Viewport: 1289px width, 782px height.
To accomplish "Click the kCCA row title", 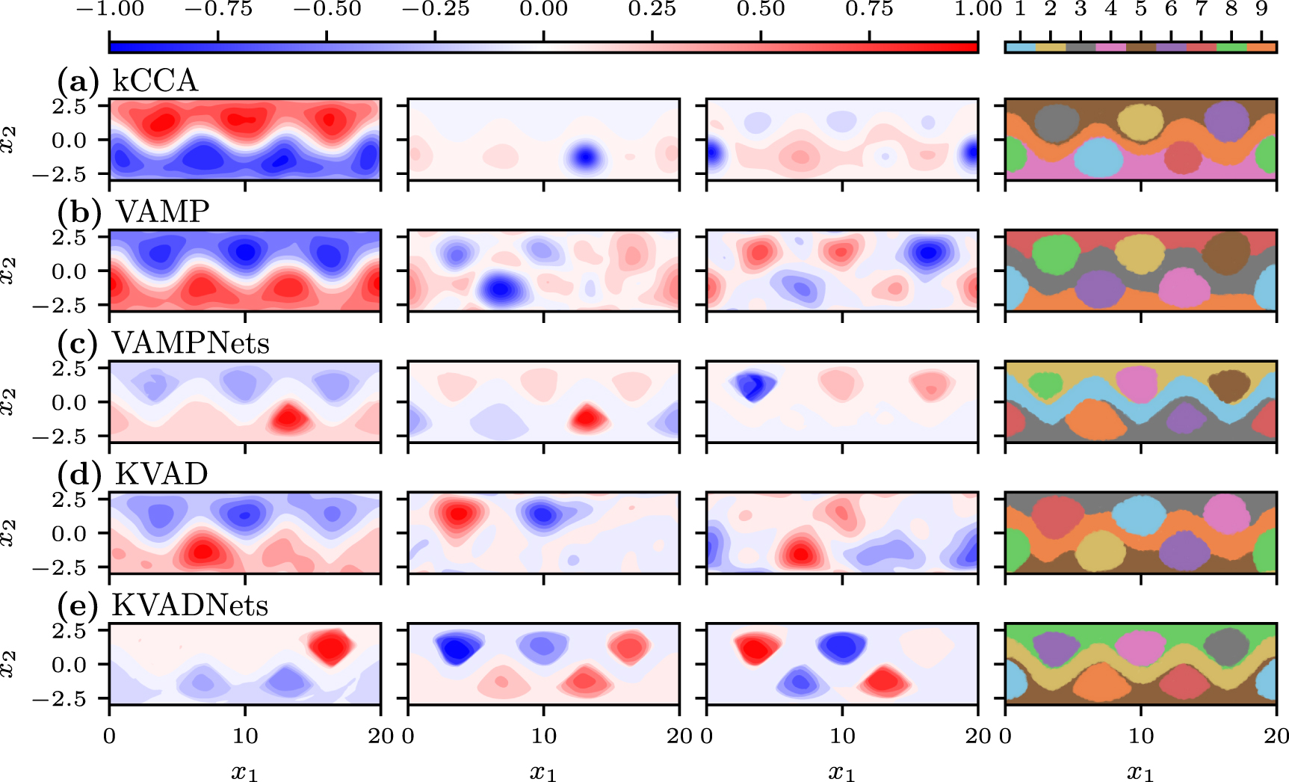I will click(x=155, y=81).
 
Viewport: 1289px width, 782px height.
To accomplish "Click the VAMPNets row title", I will click(x=191, y=343).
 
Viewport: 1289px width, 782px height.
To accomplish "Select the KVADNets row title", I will click(x=190, y=605).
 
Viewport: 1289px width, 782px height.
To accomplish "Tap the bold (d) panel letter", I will click(x=78, y=475).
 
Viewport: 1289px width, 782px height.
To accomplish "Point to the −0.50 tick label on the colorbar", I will click(x=327, y=10).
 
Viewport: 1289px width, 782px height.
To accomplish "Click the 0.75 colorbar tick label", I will click(x=869, y=10).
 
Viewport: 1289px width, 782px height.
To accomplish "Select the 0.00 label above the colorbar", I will click(x=544, y=10).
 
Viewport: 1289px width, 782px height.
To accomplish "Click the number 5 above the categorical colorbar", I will click(x=1140, y=10).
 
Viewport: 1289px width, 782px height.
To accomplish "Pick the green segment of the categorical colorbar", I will click(x=1231, y=47).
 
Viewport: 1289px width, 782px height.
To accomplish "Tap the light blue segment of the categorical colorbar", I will click(x=1020, y=47).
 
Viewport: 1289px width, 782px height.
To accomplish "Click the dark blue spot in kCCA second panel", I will click(x=585, y=157).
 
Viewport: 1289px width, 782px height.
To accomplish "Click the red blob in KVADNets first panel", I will click(x=330, y=646).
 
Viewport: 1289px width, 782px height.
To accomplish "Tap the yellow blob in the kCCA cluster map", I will click(x=1140, y=120).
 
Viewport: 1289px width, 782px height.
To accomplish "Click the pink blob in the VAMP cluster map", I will click(x=1184, y=288).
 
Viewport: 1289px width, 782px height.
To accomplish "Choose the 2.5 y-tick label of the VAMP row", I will click(x=69, y=238).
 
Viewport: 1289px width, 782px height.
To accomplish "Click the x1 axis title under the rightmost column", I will click(x=1140, y=772).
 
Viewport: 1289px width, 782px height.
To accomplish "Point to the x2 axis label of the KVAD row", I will click(x=9, y=534).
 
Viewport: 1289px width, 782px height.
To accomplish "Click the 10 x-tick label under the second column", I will click(x=543, y=736).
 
